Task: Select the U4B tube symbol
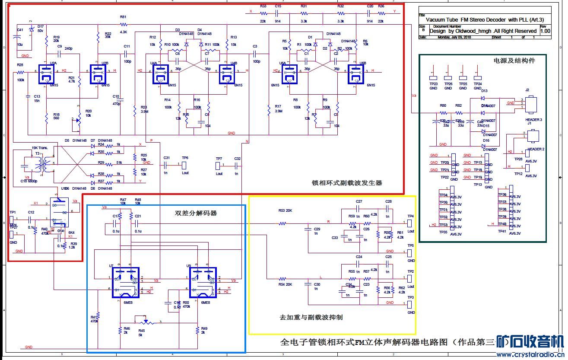click(x=226, y=74)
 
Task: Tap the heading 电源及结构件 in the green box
click(x=514, y=61)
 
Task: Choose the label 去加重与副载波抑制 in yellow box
click(x=311, y=317)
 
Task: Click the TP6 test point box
click(x=184, y=165)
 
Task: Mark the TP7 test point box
click(x=219, y=165)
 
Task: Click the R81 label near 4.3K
click(x=123, y=17)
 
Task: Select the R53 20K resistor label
click(x=285, y=210)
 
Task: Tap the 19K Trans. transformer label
click(x=39, y=148)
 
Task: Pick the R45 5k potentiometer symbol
click(x=145, y=322)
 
